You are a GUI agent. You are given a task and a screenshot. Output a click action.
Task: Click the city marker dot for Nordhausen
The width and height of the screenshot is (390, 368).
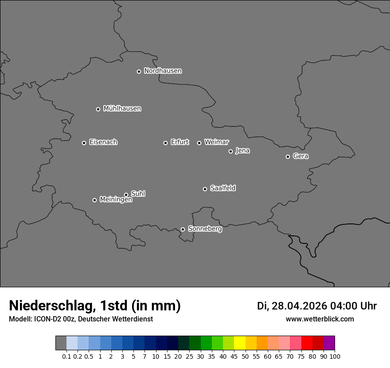click(139, 71)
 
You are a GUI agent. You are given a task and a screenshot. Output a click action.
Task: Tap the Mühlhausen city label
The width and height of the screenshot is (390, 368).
click(122, 109)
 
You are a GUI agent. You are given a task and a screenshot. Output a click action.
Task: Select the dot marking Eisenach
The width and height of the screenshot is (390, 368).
click(84, 143)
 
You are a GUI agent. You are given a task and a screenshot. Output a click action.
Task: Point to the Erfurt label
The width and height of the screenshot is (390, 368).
click(179, 142)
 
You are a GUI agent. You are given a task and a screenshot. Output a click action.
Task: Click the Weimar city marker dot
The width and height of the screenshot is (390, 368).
click(199, 143)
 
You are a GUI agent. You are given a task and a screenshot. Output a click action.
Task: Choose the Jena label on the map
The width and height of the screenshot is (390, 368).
click(242, 151)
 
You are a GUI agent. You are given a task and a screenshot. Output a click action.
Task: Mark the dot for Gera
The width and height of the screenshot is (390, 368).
click(288, 157)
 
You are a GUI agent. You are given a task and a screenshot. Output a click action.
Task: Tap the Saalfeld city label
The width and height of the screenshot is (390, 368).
click(222, 188)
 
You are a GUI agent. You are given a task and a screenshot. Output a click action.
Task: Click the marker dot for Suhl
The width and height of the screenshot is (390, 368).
click(126, 195)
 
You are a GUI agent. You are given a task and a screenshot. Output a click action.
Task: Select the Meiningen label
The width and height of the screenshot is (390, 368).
click(116, 200)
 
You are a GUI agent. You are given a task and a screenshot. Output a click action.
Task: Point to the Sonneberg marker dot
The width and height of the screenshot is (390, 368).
click(183, 229)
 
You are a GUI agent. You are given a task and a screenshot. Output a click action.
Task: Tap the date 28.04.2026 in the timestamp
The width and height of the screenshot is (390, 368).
click(299, 306)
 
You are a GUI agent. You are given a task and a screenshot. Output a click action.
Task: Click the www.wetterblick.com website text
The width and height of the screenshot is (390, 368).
click(320, 319)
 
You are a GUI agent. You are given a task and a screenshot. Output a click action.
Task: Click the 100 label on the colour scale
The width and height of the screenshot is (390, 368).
click(335, 356)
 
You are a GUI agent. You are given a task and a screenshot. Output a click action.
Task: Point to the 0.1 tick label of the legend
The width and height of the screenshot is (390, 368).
click(66, 356)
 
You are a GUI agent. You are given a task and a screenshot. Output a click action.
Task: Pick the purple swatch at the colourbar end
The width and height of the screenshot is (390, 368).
click(329, 343)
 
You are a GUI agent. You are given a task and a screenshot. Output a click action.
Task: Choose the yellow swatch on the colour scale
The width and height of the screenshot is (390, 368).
click(240, 343)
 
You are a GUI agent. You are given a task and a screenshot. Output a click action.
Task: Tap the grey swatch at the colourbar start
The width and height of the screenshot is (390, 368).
click(61, 343)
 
